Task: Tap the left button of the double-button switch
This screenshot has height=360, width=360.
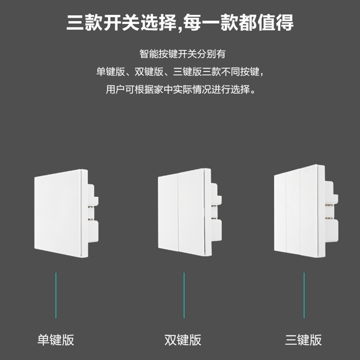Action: pyautogui.click(x=169, y=214)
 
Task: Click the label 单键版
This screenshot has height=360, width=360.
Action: pyautogui.click(x=56, y=340)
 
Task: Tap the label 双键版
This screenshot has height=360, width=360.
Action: pyautogui.click(x=183, y=340)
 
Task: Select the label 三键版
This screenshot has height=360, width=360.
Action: pyautogui.click(x=304, y=340)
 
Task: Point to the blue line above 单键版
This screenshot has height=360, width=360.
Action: pyautogui.click(x=56, y=295)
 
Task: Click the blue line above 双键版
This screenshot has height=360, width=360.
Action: pyautogui.click(x=184, y=295)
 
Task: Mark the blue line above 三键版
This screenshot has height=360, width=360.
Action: pyautogui.click(x=304, y=295)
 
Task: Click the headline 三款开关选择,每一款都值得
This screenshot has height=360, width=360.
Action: pyautogui.click(x=180, y=22)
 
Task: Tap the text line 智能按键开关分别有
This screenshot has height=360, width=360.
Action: pyautogui.click(x=182, y=54)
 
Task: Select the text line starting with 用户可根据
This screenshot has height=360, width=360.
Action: pyautogui.click(x=182, y=89)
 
